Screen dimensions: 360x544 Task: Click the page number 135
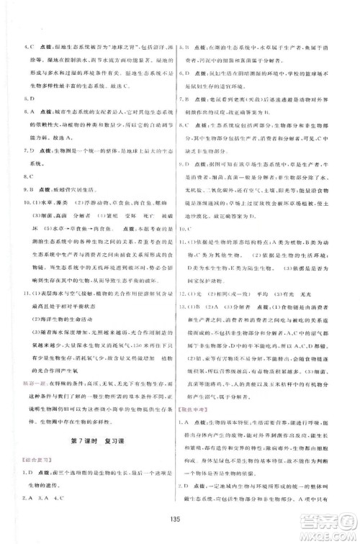[181, 521]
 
